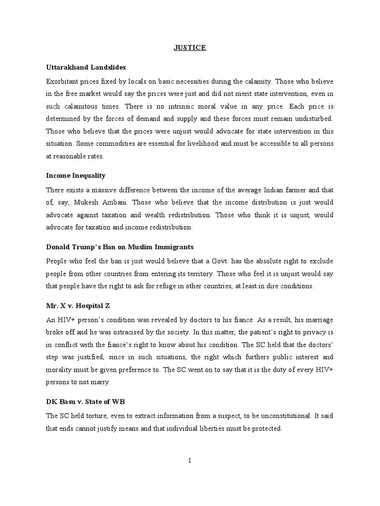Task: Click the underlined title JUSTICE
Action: point(190,48)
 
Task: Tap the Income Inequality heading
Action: point(76,175)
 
